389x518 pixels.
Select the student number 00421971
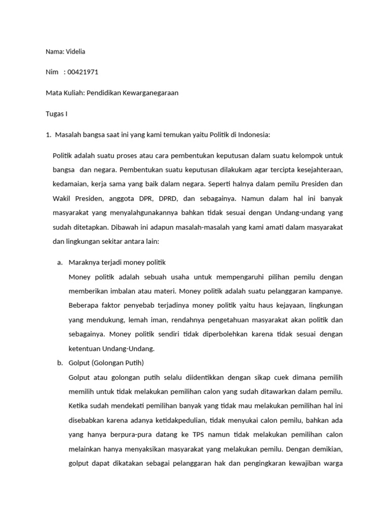pos(83,72)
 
